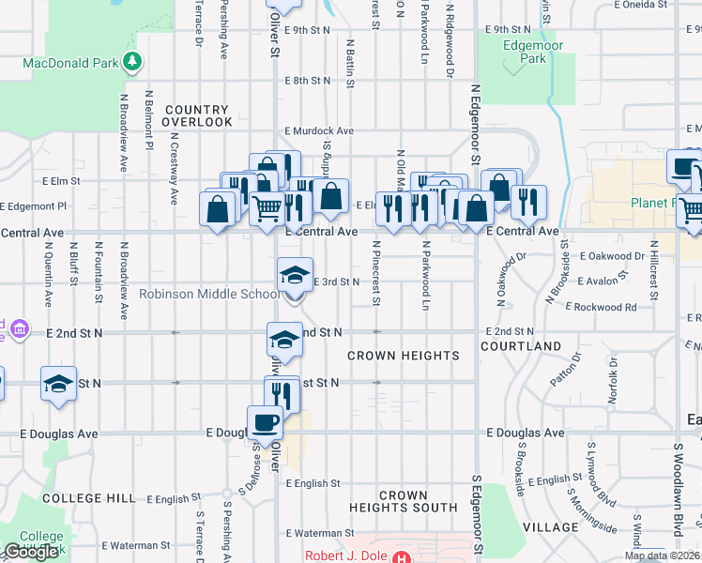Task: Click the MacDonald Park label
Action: click(x=71, y=64)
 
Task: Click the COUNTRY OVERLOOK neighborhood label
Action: click(x=197, y=116)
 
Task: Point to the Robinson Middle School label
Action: click(x=207, y=294)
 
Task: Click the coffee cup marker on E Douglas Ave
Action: click(x=265, y=422)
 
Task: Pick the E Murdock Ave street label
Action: click(x=320, y=130)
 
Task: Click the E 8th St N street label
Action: click(x=308, y=81)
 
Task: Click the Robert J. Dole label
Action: click(x=344, y=555)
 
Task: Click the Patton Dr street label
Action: click(x=568, y=375)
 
